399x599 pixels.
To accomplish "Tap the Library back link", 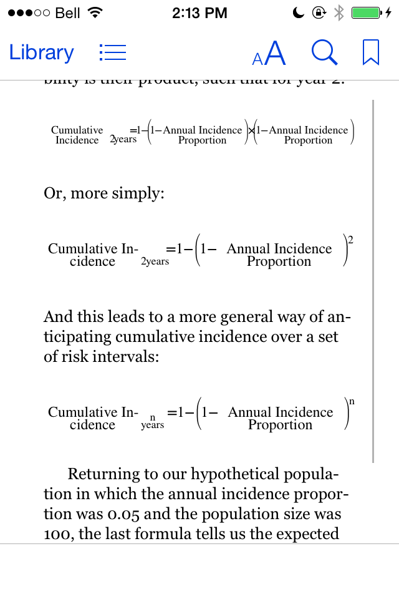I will tap(41, 52).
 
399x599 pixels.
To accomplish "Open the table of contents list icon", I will tap(113, 52).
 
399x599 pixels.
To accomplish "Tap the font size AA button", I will tap(269, 54).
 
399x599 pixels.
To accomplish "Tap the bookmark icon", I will tap(371, 52).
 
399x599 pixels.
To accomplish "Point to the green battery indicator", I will tap(367, 12).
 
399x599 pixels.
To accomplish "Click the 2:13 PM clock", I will tap(199, 12).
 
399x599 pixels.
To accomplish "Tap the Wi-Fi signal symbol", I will tap(95, 12).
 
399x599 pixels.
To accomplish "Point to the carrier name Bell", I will tap(68, 12).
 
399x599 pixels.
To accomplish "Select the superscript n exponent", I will tap(352, 401).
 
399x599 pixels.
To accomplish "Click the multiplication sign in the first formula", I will tap(252, 131).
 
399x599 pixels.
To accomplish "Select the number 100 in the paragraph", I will tap(57, 534).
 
